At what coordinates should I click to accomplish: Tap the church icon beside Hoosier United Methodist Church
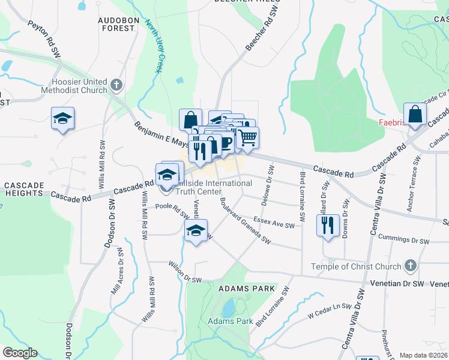[116, 85]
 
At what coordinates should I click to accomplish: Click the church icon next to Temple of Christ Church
[411, 265]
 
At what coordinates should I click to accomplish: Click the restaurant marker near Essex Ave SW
[327, 226]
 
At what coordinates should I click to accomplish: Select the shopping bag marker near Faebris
[415, 113]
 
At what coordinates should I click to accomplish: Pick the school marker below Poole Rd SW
[196, 230]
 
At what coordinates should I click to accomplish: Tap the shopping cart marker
[247, 138]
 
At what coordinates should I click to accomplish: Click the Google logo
[20, 353]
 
